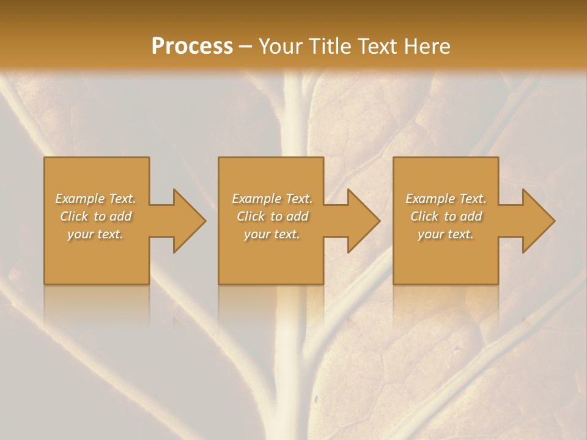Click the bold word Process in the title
click(192, 46)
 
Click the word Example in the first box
click(79, 199)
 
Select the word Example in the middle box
click(256, 199)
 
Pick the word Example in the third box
click(430, 199)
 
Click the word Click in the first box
click(74, 216)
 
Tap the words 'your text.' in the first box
click(95, 234)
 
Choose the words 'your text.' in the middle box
click(271, 234)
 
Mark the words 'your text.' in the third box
click(446, 234)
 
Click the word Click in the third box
click(424, 216)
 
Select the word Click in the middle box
click(251, 216)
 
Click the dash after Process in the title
click(245, 46)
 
